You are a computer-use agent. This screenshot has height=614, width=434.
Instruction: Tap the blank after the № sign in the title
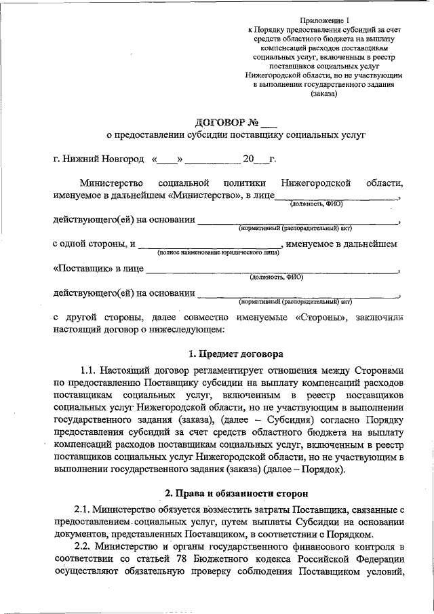(269, 124)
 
